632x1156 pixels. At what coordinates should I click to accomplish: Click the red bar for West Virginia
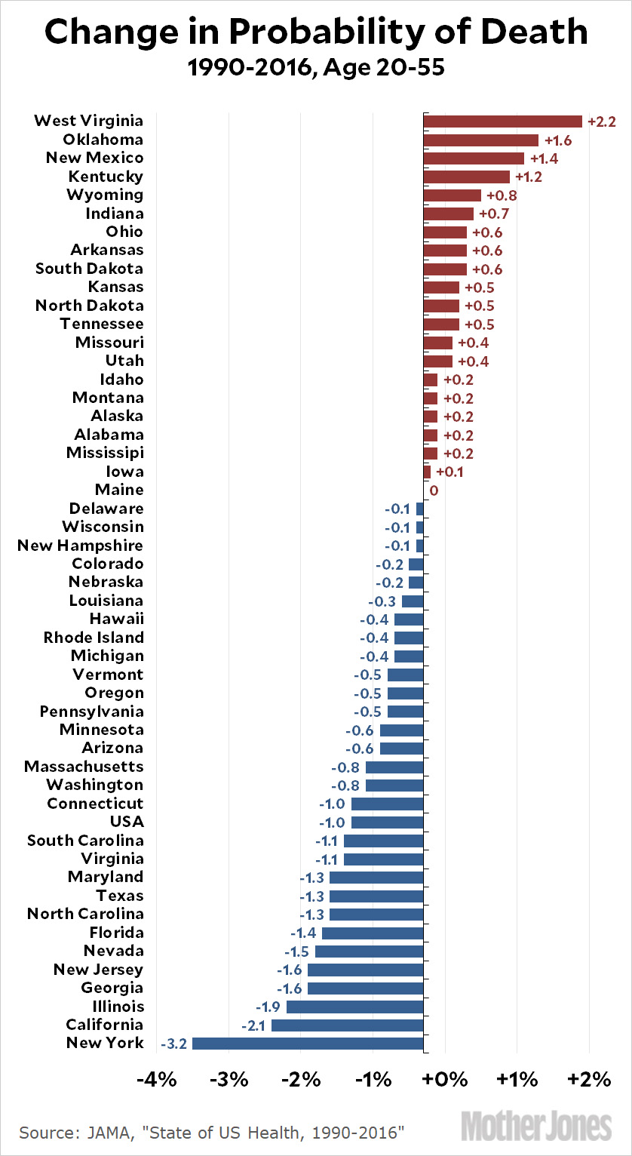point(502,121)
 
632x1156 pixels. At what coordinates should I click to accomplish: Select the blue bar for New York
point(308,1044)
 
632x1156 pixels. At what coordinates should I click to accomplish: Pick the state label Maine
point(119,490)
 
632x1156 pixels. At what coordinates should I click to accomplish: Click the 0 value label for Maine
point(434,490)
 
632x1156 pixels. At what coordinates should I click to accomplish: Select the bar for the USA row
point(387,822)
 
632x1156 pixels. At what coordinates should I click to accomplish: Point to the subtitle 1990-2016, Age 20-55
point(315,69)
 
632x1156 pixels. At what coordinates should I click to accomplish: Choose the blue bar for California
point(347,1025)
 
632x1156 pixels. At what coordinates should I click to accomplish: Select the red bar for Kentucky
point(466,177)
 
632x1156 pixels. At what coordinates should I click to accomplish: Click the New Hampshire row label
point(80,546)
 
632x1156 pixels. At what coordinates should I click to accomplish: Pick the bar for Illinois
point(354,1007)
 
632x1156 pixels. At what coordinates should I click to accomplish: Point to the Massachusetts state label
point(84,767)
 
